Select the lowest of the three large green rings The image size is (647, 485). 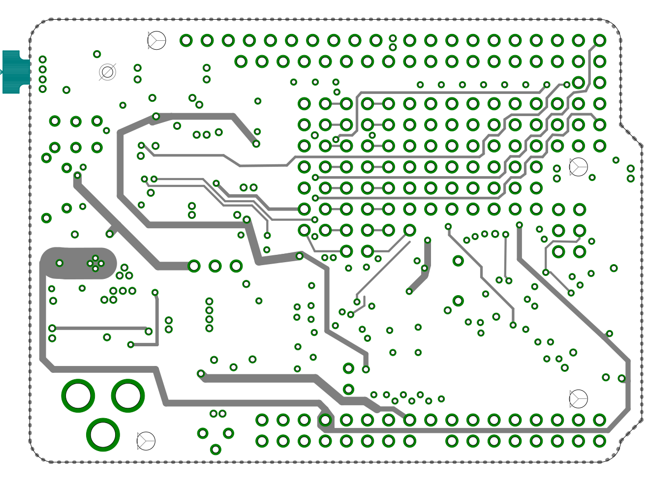103,435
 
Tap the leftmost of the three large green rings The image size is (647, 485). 78,395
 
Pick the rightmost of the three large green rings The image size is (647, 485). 128,395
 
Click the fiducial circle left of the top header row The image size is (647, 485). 156,40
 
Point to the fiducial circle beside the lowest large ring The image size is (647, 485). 146,441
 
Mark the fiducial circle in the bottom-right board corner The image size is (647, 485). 579,398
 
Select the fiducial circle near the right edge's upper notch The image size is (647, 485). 579,167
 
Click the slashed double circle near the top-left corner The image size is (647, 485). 107,72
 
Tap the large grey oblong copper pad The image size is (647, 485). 79,263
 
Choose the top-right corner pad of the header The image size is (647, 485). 600,40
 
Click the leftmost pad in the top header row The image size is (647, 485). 186,40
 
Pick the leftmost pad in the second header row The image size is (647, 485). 241,61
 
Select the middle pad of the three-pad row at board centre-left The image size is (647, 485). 215,266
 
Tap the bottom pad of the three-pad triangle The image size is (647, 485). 216,449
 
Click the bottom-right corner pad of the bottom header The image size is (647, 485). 600,441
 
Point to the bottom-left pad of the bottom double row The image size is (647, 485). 262,441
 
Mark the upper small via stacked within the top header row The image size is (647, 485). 393,38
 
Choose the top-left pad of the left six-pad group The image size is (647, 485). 55,121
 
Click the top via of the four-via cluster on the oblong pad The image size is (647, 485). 95,258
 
